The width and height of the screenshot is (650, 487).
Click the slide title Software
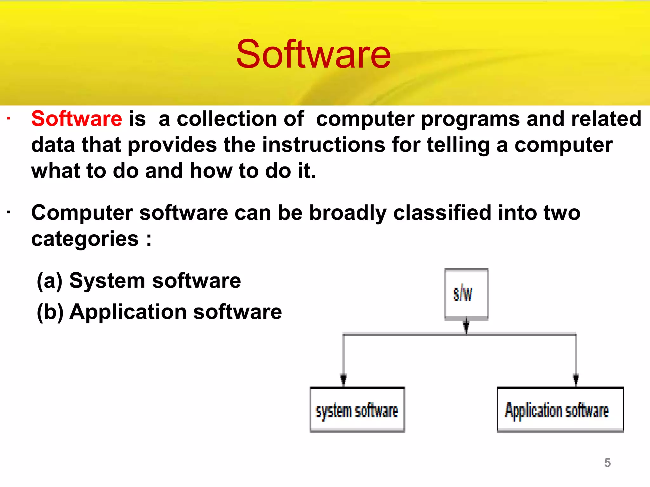tap(313, 54)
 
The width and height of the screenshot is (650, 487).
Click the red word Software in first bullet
tap(76, 119)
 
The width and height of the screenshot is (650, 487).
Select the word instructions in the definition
tap(324, 145)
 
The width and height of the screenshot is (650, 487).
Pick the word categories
tap(85, 239)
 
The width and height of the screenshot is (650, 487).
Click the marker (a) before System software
tap(50, 281)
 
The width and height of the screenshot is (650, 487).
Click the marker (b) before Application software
tap(50, 312)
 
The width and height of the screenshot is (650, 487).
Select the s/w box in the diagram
tap(466, 294)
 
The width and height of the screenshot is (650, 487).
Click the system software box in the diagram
tap(357, 410)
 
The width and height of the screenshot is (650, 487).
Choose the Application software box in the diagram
tap(560, 410)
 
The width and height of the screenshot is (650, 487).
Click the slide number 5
tap(607, 463)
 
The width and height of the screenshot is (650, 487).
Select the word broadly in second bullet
tap(348, 213)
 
